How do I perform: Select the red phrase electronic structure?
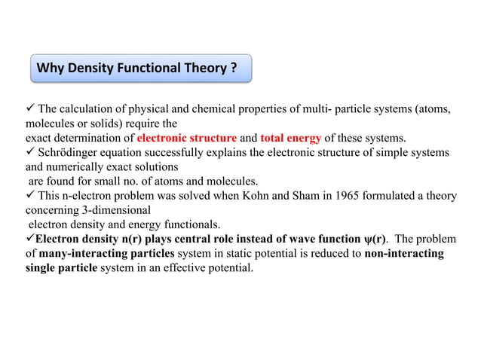(x=186, y=138)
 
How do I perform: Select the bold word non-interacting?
(x=403, y=252)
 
